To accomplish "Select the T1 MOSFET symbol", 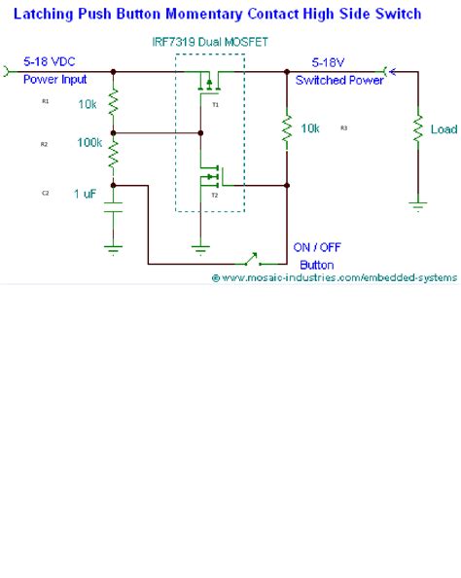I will point(208,89).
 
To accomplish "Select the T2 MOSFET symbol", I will point(208,178).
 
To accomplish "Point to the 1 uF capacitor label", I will point(85,194).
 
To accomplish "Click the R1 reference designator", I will point(45,101).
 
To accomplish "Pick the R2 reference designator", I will point(45,144).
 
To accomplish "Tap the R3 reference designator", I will point(344,128).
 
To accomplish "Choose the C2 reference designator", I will point(45,194).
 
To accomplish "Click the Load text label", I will point(443,129).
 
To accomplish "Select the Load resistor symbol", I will point(417,128).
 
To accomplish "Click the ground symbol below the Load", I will point(417,204).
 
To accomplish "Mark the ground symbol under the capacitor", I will point(114,248).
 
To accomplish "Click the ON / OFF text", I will point(316,247).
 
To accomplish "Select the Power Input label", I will point(54,80).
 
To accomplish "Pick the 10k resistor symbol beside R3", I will point(287,128).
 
